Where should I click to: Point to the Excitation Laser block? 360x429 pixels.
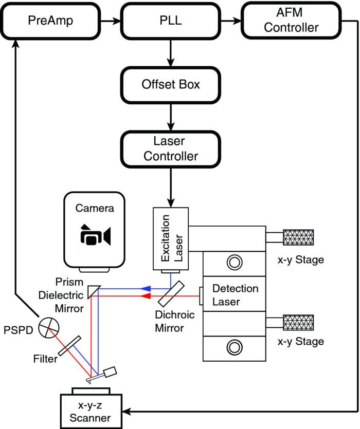coord(171,239)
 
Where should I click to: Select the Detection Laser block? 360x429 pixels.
coord(233,294)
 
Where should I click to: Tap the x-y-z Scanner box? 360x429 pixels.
coord(91,411)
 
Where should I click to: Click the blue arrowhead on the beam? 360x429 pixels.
coord(146,289)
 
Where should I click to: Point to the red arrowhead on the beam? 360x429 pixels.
coord(146,296)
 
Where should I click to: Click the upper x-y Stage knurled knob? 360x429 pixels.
coord(298,237)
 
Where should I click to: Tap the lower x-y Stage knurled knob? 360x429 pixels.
coord(298,322)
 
